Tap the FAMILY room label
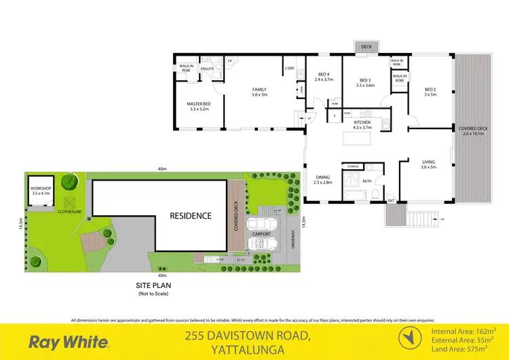259,89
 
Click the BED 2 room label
430,89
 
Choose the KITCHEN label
362,122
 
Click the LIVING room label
428,162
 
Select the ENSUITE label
207,69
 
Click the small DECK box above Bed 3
366,47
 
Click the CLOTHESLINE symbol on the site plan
69,202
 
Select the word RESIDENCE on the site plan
191,216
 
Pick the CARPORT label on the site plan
261,234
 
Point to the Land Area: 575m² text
463,348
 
